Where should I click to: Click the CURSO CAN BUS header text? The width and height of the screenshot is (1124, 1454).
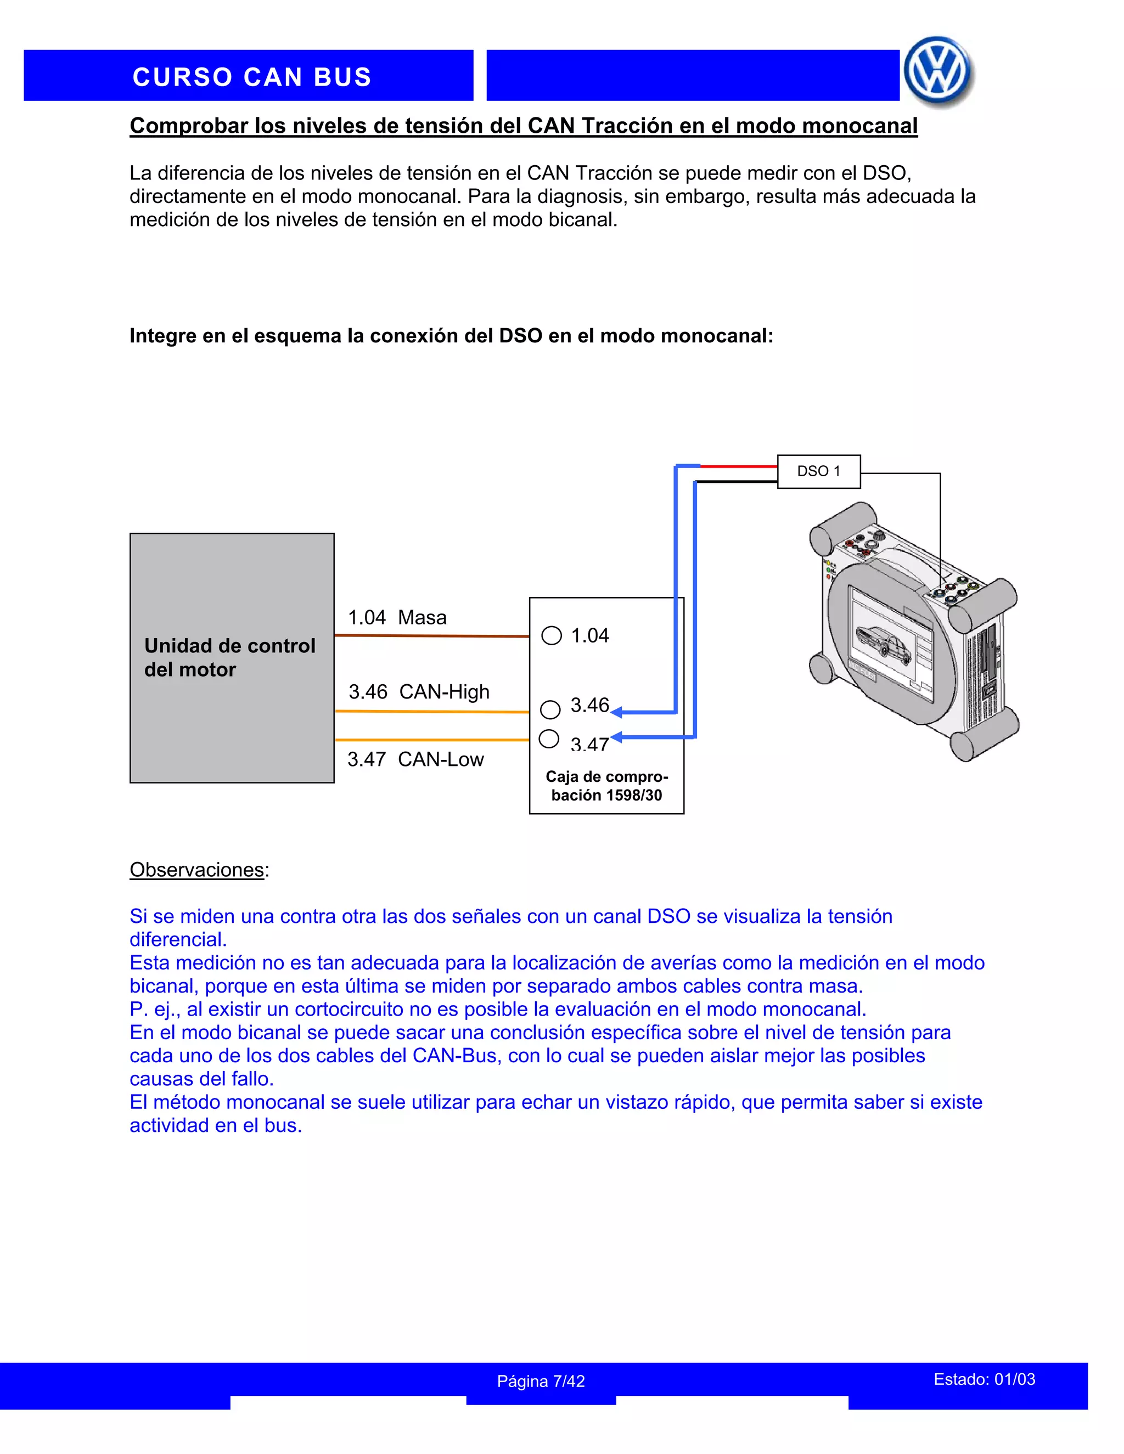point(252,77)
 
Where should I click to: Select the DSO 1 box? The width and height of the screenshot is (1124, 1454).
point(818,471)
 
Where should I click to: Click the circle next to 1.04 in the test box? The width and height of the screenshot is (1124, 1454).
point(552,636)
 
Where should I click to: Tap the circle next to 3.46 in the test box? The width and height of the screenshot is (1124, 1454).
point(550,709)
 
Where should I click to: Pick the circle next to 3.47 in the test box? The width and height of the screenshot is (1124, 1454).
point(549,739)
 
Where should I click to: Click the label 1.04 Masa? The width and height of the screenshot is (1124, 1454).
point(397,618)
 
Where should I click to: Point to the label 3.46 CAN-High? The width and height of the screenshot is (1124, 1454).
point(419,692)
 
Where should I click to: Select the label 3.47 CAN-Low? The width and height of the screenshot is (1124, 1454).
point(415,759)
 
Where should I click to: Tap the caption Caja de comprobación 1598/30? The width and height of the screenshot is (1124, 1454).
point(606,786)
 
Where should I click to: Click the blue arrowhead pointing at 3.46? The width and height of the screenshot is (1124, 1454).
point(616,712)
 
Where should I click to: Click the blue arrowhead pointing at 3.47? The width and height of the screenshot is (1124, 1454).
point(616,737)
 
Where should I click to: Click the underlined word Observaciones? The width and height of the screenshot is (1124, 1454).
point(197,870)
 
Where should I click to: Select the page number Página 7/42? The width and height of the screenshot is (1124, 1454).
point(541,1382)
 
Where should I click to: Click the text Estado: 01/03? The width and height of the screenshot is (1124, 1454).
point(984,1379)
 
